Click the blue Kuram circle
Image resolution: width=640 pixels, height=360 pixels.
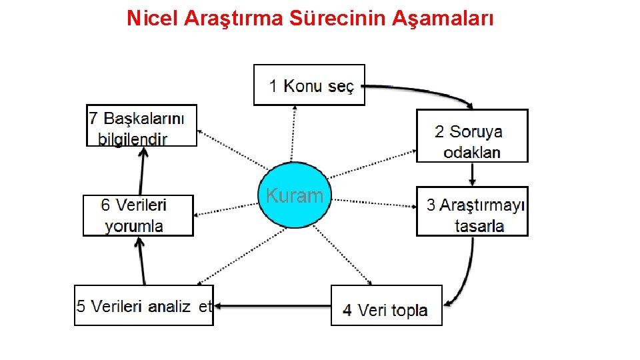pyautogui.click(x=294, y=195)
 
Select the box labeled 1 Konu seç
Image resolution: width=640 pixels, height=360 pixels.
pyautogui.click(x=309, y=85)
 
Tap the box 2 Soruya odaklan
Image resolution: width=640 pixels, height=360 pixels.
pyautogui.click(x=472, y=136)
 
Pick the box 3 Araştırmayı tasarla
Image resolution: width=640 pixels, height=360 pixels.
pyautogui.click(x=472, y=211)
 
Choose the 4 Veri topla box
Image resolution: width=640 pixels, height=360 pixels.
pyautogui.click(x=387, y=305)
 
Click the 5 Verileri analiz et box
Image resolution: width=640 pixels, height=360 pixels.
pyautogui.click(x=143, y=305)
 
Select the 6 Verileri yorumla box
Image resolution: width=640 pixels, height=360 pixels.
pyautogui.click(x=138, y=215)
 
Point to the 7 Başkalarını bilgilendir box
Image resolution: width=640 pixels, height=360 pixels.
pyautogui.click(x=142, y=125)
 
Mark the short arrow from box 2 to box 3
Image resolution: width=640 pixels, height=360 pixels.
pyautogui.click(x=472, y=174)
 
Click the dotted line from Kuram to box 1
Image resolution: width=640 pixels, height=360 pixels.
pyautogui.click(x=293, y=133)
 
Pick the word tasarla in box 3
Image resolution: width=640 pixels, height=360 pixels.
pyautogui.click(x=479, y=225)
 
